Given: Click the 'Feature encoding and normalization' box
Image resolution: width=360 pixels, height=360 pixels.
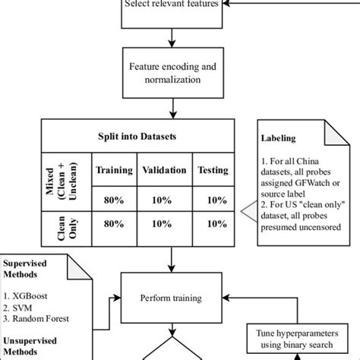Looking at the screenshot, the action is [173, 73].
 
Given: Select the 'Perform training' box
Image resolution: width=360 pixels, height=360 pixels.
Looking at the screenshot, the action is [172, 298].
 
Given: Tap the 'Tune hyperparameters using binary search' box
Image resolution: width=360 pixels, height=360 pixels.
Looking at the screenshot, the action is [297, 339].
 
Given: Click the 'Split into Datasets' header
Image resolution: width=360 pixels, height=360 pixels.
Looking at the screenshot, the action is [137, 136].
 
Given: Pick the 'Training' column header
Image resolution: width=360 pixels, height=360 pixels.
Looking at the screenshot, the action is [114, 169].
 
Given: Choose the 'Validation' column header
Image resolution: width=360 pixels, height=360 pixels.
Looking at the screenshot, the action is [164, 169].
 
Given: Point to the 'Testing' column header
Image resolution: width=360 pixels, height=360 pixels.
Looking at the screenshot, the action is [213, 169].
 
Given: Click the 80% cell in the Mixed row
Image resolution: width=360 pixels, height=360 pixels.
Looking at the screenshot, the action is [114, 200].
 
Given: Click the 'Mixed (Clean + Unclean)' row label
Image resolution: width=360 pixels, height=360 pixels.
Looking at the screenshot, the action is [61, 182].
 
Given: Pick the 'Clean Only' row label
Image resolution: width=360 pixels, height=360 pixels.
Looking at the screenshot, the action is [67, 228].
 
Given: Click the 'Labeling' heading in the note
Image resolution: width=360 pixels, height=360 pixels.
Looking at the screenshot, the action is [278, 138].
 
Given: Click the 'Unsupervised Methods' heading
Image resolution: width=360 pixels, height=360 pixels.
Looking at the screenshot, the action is [30, 346].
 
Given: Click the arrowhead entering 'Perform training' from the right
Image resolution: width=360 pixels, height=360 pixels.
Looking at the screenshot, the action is [226, 298].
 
